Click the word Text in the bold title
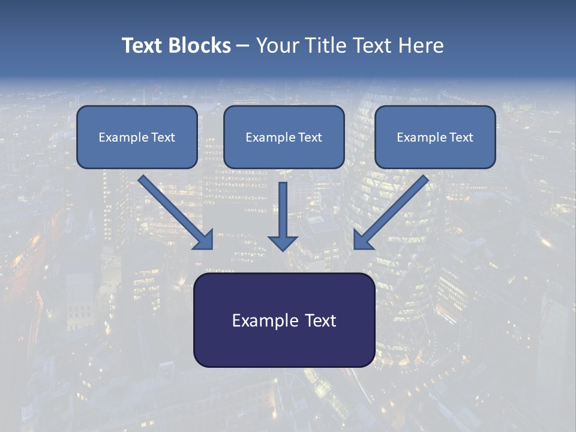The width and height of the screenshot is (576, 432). [x=143, y=46]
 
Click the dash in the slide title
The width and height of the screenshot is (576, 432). [x=243, y=46]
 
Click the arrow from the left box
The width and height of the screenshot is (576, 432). [x=174, y=210]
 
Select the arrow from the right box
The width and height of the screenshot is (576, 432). [x=393, y=210]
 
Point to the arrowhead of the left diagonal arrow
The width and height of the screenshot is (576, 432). [x=204, y=240]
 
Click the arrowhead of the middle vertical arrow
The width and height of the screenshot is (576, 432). [x=283, y=242]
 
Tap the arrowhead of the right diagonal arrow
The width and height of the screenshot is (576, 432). [x=362, y=240]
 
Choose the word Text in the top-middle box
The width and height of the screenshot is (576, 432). [x=310, y=137]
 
